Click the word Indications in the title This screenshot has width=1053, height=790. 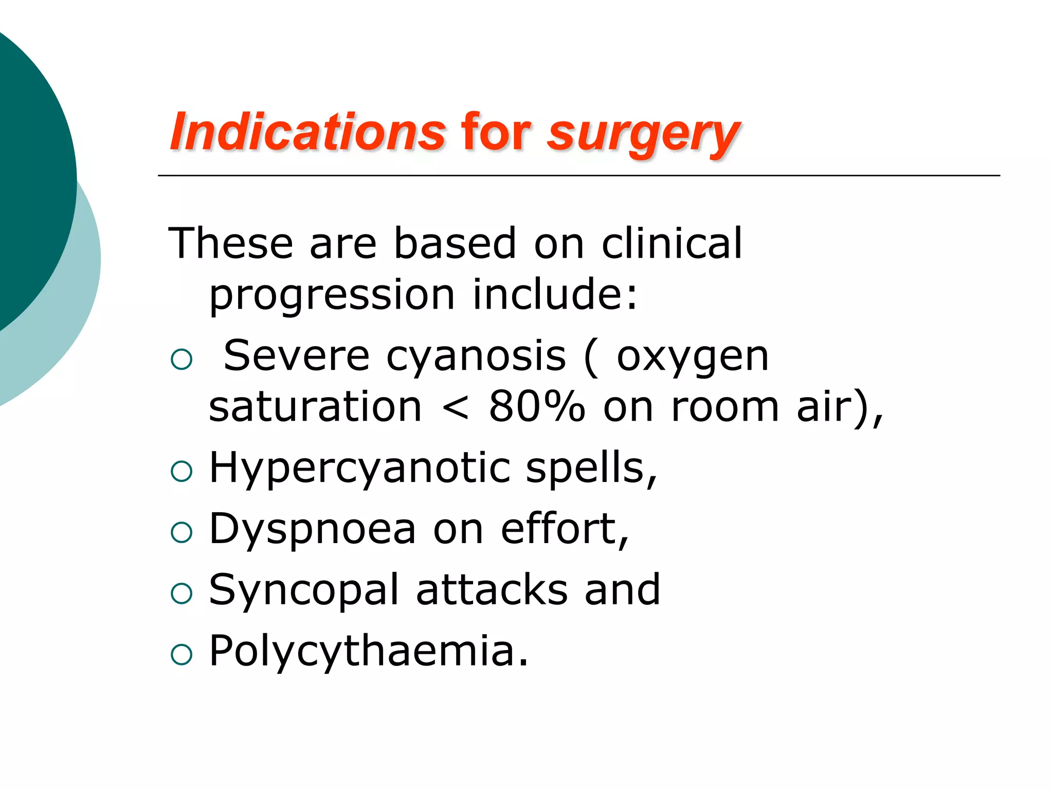click(307, 133)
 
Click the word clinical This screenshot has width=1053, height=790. click(671, 243)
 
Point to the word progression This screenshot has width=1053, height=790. click(332, 296)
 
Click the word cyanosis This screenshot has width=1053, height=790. click(476, 356)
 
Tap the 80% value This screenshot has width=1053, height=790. click(537, 406)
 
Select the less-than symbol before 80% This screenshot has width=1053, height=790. click(456, 408)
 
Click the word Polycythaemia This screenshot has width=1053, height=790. click(368, 652)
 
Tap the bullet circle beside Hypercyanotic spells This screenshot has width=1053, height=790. click(181, 471)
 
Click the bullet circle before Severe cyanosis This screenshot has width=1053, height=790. click(181, 359)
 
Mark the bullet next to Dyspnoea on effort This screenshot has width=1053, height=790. click(181, 532)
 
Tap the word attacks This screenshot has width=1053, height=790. click(492, 590)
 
